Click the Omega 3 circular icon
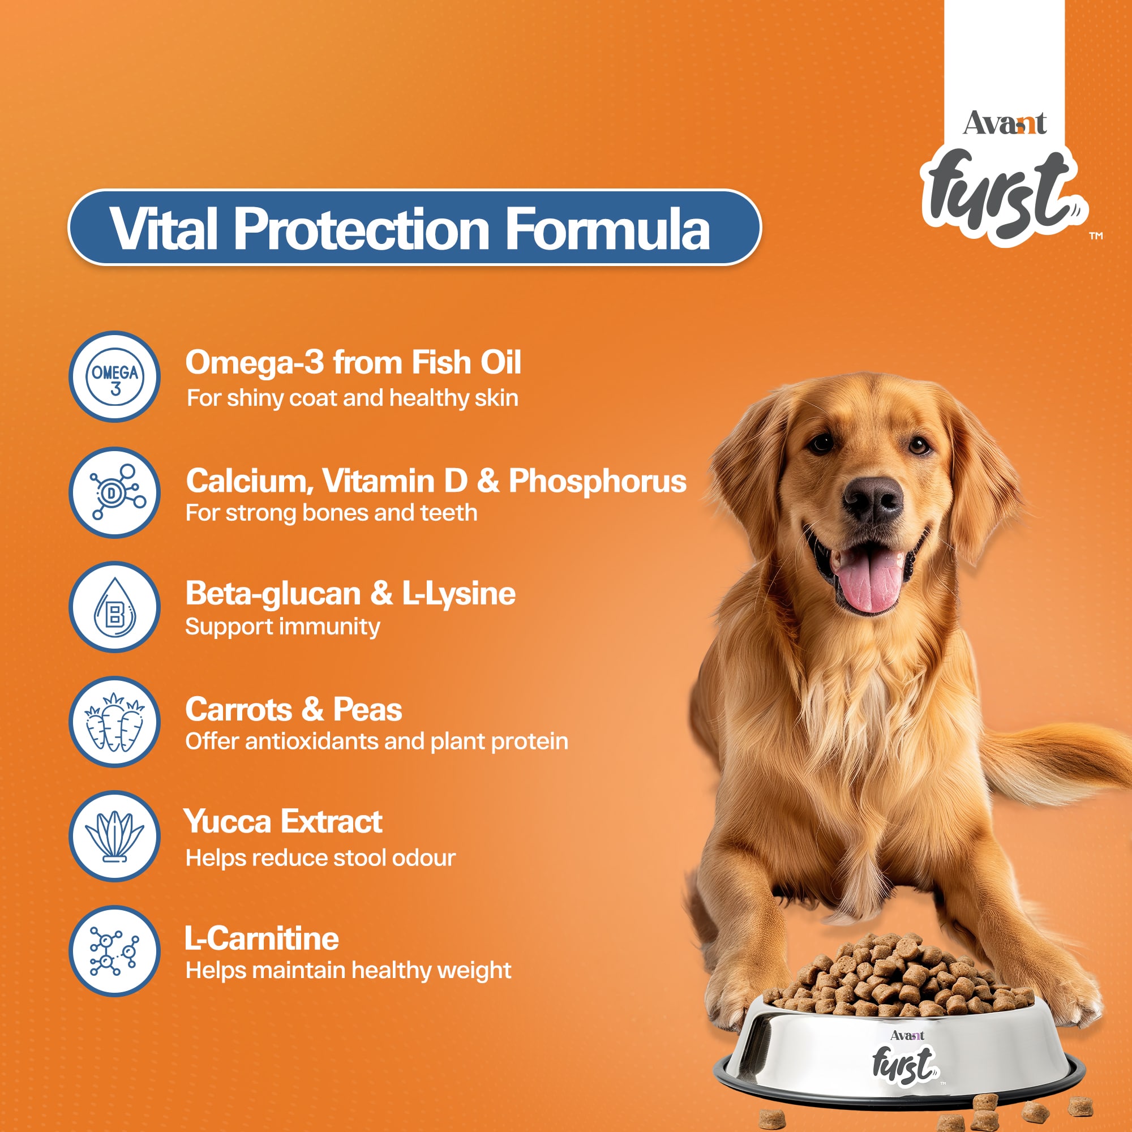tap(115, 377)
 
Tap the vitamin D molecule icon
tap(115, 493)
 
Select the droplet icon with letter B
tap(115, 607)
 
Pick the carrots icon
tap(115, 722)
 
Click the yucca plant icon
tap(115, 837)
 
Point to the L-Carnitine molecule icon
tap(115, 951)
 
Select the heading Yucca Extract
tap(283, 822)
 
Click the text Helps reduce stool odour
tap(320, 859)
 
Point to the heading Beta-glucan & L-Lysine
tap(350, 594)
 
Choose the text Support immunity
tap(283, 627)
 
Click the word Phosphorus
tap(598, 482)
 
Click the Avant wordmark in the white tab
tap(1004, 123)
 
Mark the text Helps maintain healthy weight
tap(349, 971)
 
